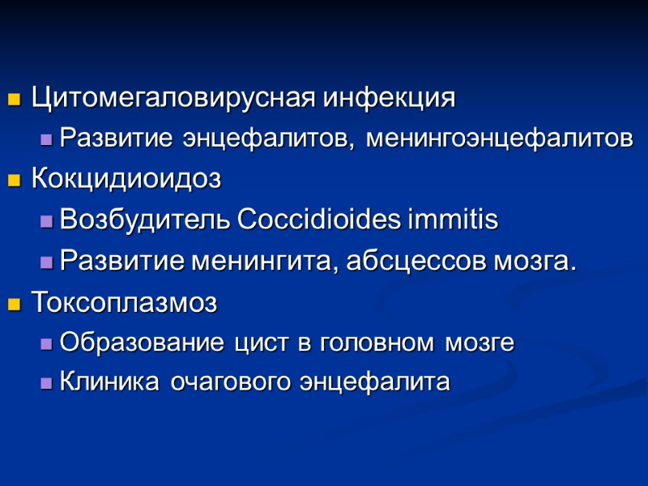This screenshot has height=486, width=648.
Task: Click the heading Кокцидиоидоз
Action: point(126,179)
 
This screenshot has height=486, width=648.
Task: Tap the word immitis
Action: point(456,220)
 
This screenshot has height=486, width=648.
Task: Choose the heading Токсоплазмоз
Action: point(124,303)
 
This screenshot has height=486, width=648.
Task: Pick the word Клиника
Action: point(110,382)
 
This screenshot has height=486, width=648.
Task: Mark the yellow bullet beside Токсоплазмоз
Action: point(13,305)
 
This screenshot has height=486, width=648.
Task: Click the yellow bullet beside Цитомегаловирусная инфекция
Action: point(13,100)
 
